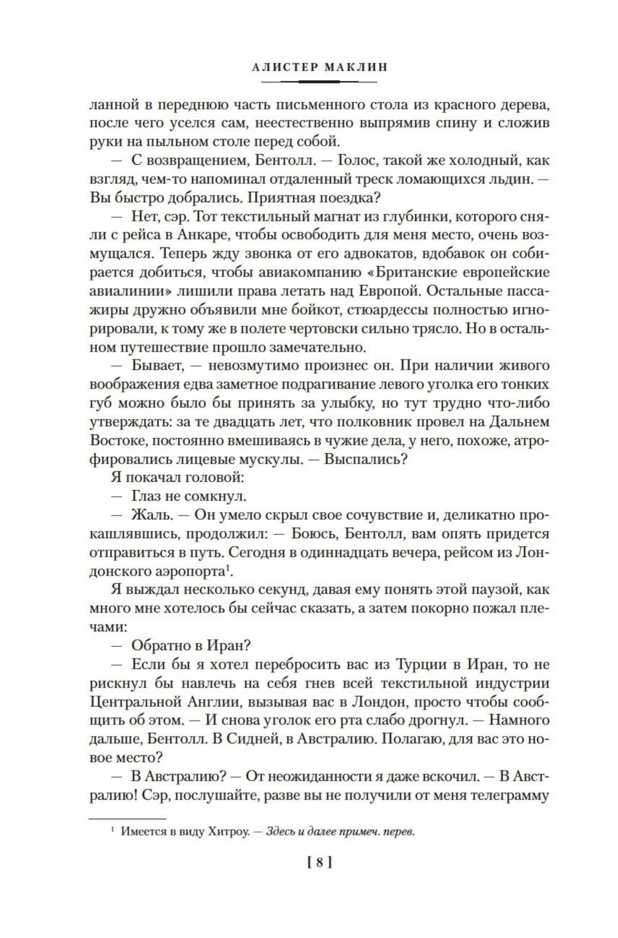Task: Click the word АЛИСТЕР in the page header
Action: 283,67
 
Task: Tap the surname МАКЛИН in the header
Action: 356,67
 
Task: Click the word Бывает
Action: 157,365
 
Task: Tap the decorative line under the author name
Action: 320,82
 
